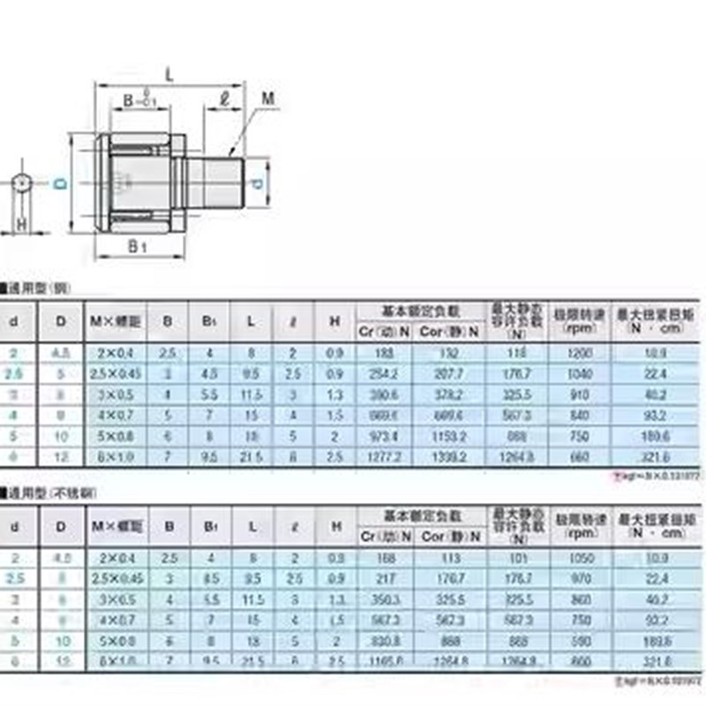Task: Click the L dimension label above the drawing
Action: pos(169,76)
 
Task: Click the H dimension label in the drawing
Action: pos(21,225)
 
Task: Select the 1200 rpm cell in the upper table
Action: pos(576,353)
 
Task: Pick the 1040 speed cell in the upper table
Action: pos(576,374)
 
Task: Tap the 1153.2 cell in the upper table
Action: pos(449,436)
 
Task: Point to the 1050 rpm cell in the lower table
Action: pos(576,558)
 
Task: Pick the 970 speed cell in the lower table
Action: pos(576,579)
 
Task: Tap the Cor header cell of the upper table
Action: pos(449,332)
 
